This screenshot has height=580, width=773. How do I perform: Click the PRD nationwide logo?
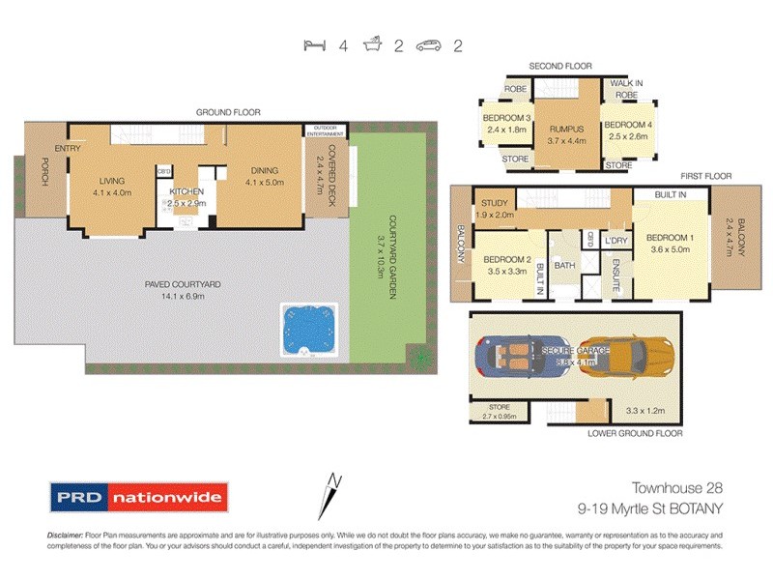pyautogui.click(x=138, y=499)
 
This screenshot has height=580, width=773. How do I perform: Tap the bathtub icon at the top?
pyautogui.click(x=372, y=45)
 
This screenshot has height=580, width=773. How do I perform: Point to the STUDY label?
pyautogui.click(x=491, y=204)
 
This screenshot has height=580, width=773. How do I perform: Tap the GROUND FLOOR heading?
pyautogui.click(x=228, y=112)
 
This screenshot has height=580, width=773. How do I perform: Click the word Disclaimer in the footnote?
pyautogui.click(x=69, y=536)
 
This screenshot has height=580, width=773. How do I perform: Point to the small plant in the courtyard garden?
pyautogui.click(x=418, y=358)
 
